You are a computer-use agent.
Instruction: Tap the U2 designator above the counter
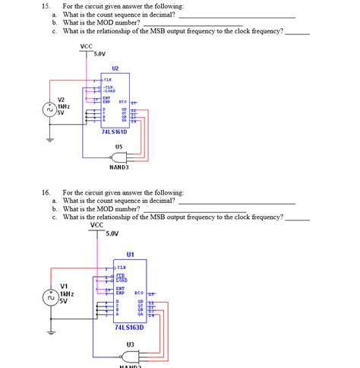[115, 68]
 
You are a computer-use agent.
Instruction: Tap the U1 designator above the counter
[130, 255]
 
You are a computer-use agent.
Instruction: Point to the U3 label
[130, 344]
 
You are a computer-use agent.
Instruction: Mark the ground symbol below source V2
[51, 140]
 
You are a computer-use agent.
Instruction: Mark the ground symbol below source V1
[51, 332]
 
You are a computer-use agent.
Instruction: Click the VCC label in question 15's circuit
[86, 47]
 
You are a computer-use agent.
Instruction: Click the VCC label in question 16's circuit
[96, 225]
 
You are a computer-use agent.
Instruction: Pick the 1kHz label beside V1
[67, 293]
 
